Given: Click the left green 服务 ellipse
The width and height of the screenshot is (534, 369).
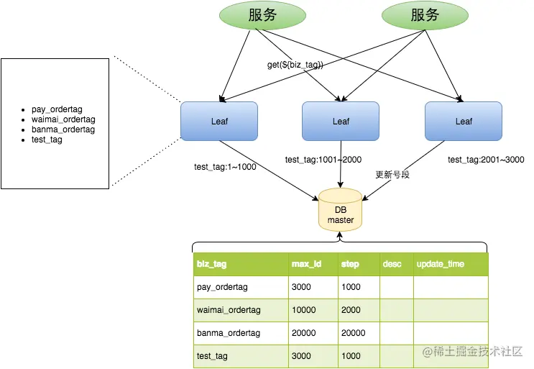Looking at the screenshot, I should pyautogui.click(x=262, y=16).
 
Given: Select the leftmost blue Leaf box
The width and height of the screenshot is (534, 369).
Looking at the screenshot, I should pyautogui.click(x=219, y=121).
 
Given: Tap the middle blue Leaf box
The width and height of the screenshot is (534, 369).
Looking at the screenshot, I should pyautogui.click(x=341, y=121).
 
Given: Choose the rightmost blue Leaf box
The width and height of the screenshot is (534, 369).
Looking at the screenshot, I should pyautogui.click(x=464, y=121).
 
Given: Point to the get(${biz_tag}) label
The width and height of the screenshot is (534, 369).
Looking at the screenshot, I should pyautogui.click(x=295, y=65).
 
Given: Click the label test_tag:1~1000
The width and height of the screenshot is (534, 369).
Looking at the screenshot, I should pyautogui.click(x=225, y=167).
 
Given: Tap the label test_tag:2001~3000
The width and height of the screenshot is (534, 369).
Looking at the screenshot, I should pyautogui.click(x=486, y=160).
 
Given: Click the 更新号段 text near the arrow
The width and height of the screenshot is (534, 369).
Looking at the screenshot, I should pyautogui.click(x=392, y=175).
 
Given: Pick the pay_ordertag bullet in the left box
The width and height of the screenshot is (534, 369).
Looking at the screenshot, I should pyautogui.click(x=58, y=109).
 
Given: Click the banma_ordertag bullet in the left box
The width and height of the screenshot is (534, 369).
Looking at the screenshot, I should pyautogui.click(x=63, y=129).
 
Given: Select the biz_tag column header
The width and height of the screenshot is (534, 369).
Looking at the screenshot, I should pyautogui.click(x=211, y=264).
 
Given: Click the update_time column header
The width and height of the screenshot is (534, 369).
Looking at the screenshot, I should pyautogui.click(x=440, y=264).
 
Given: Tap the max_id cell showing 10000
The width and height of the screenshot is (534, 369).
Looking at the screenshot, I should pyautogui.click(x=304, y=310).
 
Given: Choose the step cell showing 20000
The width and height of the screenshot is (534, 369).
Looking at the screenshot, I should pyautogui.click(x=353, y=333).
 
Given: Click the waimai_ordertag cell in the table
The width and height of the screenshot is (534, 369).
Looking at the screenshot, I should pyautogui.click(x=228, y=310).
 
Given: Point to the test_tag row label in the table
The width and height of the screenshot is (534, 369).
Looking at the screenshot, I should pyautogui.click(x=212, y=356).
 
